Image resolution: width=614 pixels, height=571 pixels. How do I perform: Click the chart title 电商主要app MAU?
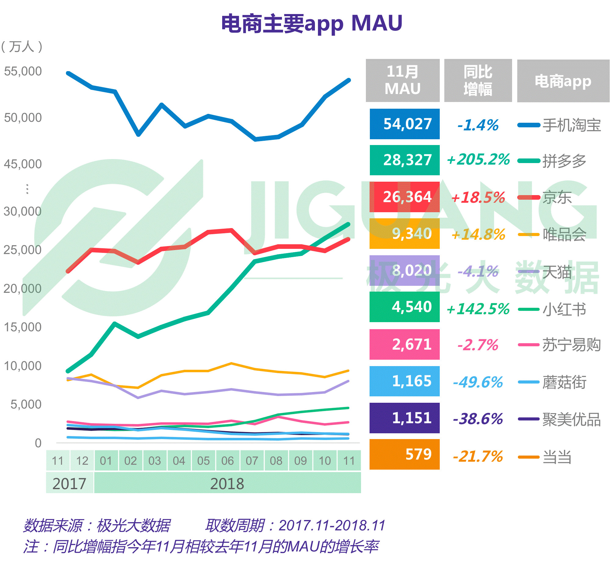[x=312, y=24]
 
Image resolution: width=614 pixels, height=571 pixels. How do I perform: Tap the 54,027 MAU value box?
[x=405, y=124]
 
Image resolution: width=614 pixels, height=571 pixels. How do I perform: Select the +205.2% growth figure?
[x=478, y=160]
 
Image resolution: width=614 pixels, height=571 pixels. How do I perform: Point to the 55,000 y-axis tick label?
[x=23, y=71]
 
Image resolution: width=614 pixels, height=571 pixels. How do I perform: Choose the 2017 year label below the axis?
[x=70, y=484]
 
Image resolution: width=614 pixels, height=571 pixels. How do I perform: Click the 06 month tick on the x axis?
[x=228, y=461]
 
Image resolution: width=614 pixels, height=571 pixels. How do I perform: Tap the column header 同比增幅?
[x=478, y=80]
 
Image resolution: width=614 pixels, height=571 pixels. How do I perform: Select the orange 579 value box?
[x=405, y=455]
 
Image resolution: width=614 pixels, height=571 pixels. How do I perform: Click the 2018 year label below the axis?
[x=227, y=484]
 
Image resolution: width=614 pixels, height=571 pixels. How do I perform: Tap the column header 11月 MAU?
[x=403, y=80]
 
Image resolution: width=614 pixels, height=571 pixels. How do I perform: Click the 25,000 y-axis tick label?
[x=23, y=250]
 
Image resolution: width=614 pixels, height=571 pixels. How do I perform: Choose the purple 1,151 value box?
[x=405, y=418]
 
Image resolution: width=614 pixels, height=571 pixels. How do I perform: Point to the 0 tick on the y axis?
[x=38, y=443]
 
